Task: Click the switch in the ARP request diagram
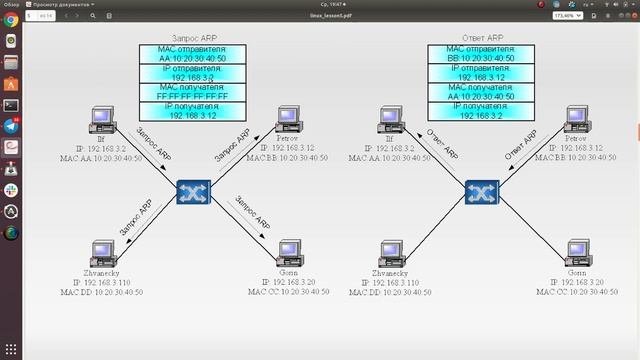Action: [190, 191]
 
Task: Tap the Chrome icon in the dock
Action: [11, 42]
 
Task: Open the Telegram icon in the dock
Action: [11, 126]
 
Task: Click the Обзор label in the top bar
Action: [11, 4]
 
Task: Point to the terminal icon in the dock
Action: [11, 105]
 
